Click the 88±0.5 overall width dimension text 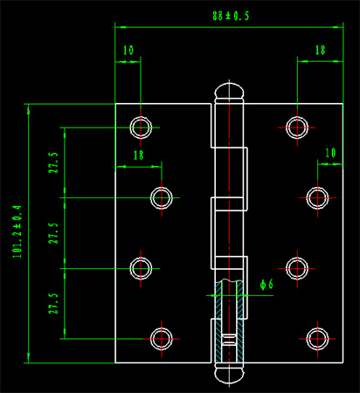(231, 16)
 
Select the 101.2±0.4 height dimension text (17, 231)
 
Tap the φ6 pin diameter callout (267, 285)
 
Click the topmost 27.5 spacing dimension (53, 162)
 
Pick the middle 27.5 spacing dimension (53, 233)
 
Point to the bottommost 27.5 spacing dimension (53, 303)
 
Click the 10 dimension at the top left (128, 50)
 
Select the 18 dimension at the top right (320, 50)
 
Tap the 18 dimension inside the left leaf (138, 155)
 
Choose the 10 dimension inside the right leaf (330, 153)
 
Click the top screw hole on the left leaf (141, 128)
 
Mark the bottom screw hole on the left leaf (162, 339)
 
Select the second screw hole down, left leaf (162, 198)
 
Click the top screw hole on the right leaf (297, 128)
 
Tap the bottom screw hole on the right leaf (317, 339)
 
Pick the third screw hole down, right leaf (297, 268)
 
